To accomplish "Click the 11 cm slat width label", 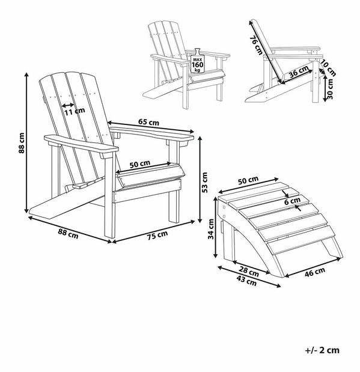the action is click(x=75, y=111).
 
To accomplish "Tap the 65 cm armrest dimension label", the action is click(x=149, y=122).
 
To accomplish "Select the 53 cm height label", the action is click(x=204, y=182).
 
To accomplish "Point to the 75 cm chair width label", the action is click(x=157, y=235).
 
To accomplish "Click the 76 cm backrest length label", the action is click(x=256, y=45).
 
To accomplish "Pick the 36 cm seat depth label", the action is click(x=299, y=71).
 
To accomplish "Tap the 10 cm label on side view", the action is click(x=328, y=68).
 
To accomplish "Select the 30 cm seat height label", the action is click(x=330, y=89).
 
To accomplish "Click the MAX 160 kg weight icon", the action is click(x=198, y=61).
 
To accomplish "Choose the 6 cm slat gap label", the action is click(x=292, y=201).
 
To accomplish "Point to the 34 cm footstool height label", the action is click(x=211, y=229).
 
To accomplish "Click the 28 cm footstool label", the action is click(x=249, y=272).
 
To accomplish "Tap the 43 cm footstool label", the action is click(x=247, y=281).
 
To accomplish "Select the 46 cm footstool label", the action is click(x=315, y=272).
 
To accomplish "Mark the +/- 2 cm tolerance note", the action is click(x=322, y=350).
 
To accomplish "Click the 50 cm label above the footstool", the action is click(x=248, y=180).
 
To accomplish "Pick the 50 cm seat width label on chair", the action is click(x=140, y=164).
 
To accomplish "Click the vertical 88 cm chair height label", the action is click(x=22, y=143).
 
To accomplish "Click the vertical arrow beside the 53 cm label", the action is click(x=201, y=178).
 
